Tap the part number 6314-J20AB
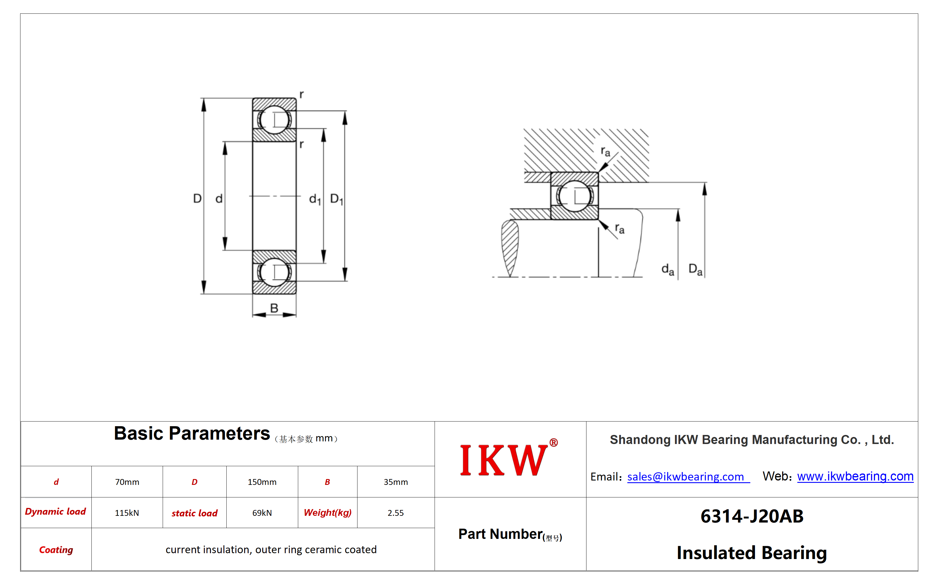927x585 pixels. (752, 516)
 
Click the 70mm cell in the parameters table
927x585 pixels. (127, 482)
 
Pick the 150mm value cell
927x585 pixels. (262, 482)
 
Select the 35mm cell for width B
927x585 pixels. (395, 482)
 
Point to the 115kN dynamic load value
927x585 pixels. (127, 513)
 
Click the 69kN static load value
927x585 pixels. (262, 513)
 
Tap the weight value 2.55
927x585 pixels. (395, 513)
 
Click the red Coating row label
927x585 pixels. (56, 550)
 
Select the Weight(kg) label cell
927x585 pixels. (328, 513)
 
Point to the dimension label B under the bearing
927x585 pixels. (274, 308)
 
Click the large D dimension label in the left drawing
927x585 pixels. (197, 199)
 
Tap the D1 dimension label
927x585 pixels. (336, 199)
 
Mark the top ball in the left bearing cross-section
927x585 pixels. (274, 120)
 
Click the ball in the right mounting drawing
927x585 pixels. (574, 196)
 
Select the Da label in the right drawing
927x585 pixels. (695, 269)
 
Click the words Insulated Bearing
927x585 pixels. (752, 553)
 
